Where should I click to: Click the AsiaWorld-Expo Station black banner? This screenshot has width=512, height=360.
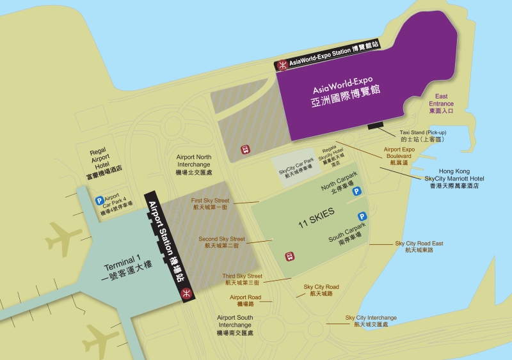point(333,62)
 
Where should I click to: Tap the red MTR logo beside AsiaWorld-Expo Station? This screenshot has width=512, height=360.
point(282,65)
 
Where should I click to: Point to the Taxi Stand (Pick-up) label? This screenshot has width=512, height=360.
point(422,135)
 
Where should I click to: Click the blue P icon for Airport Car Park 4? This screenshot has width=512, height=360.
point(100,200)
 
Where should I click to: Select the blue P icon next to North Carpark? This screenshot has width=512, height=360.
point(356,191)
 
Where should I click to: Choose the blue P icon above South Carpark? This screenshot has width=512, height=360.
point(362,217)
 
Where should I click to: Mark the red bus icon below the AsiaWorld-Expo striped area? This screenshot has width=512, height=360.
point(244,150)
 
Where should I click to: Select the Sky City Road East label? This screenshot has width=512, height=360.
point(419,246)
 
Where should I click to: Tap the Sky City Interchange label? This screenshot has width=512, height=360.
point(371,321)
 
